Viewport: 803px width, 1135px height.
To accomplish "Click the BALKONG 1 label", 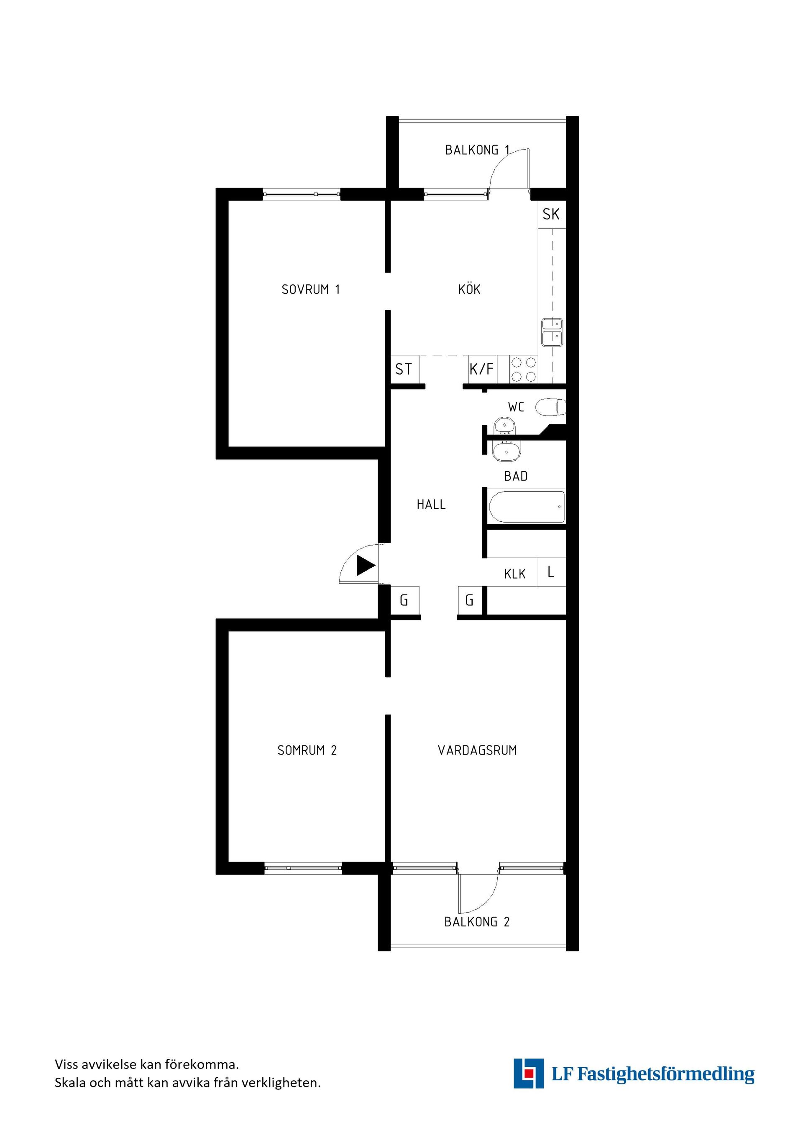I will pos(477,150).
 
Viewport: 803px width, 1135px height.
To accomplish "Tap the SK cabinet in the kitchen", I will pos(551,214).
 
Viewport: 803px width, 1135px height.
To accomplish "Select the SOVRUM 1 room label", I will pos(310,289).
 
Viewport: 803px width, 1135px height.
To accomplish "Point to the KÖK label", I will pos(469,289).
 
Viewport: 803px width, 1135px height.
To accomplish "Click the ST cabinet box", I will pos(404,369).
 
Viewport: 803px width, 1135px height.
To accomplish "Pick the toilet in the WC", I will pos(551,407).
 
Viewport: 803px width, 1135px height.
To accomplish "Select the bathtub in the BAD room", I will pos(527,507).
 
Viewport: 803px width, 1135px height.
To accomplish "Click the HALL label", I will pos(431,505).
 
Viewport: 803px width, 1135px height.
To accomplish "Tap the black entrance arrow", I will pos(366,566).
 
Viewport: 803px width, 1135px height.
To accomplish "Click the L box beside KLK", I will pos(551,572).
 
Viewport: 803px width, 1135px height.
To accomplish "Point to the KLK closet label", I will pos(515,574).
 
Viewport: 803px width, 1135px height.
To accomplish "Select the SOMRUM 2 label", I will pos(307,750).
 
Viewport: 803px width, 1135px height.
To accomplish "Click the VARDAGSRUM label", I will pos(477,750).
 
